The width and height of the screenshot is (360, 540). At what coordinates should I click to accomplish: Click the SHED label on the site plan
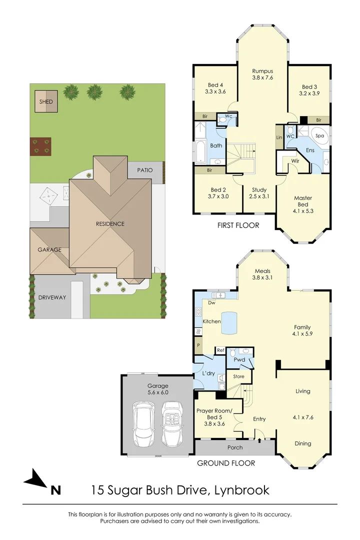[46, 102]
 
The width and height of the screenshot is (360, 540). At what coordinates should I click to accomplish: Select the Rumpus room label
[262, 71]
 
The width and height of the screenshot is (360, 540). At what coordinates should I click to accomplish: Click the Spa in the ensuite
[319, 135]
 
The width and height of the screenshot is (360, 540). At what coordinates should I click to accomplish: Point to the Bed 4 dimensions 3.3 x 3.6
[215, 92]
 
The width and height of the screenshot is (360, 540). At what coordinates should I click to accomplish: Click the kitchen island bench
[229, 322]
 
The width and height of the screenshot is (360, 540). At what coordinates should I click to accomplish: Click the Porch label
[235, 447]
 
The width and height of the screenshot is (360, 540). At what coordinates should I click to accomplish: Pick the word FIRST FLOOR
[238, 225]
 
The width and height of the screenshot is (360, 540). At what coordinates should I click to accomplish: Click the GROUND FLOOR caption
[226, 463]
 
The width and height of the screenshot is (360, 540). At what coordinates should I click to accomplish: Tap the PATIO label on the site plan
[142, 170]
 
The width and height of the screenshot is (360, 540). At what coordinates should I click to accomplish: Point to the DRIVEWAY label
[52, 297]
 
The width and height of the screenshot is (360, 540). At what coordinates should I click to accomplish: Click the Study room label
[259, 189]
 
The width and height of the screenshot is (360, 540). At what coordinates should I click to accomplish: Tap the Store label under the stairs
[238, 376]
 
